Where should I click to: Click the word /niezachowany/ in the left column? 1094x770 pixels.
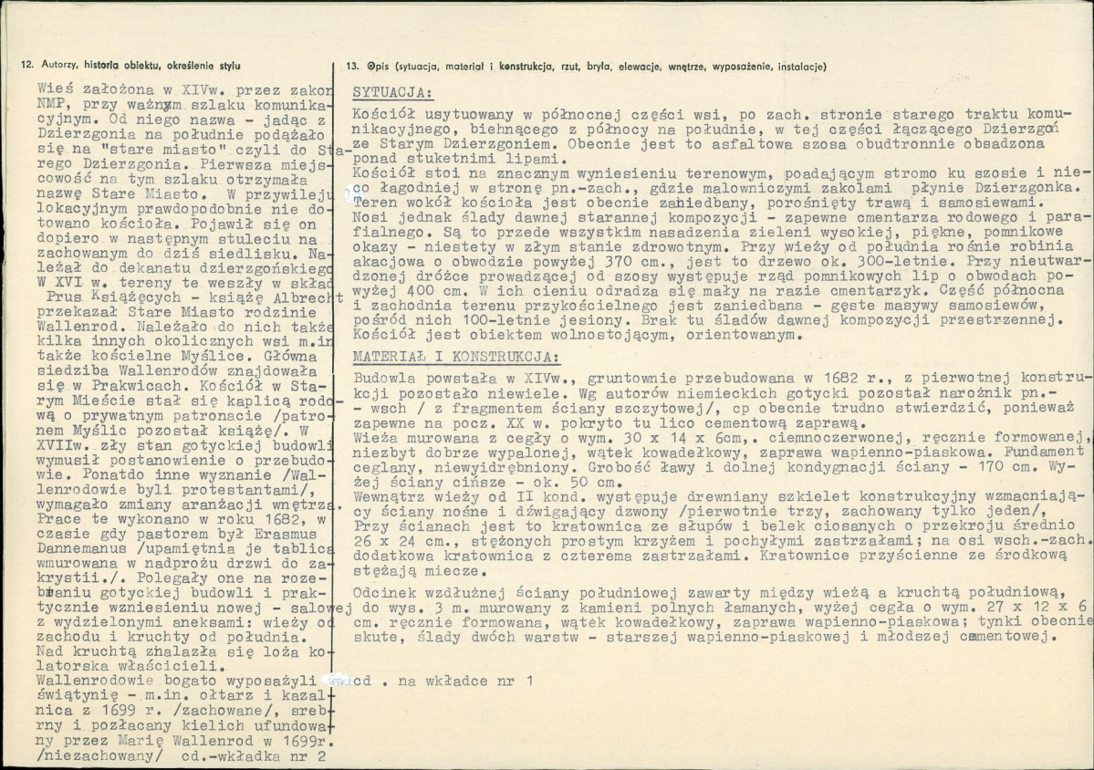click(x=100, y=755)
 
